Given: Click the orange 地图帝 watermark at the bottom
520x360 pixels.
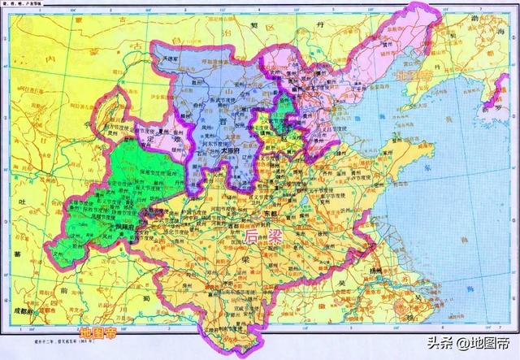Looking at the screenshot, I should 97,332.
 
